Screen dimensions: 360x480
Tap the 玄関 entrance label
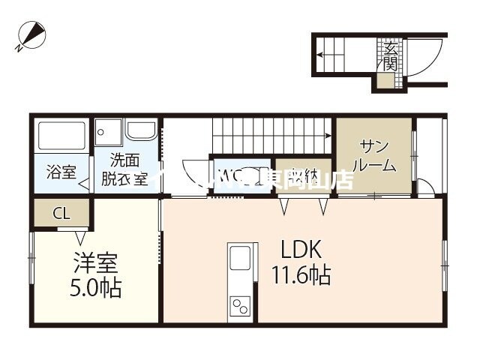coord(389,57)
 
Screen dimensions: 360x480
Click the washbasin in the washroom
coord(141,130)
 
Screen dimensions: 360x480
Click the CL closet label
coord(61,213)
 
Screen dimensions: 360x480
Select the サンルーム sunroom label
coord(373,154)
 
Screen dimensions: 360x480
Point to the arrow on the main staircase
coord(327,136)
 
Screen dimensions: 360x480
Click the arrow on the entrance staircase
coord(320,54)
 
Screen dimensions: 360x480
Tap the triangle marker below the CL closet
coord(80,238)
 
